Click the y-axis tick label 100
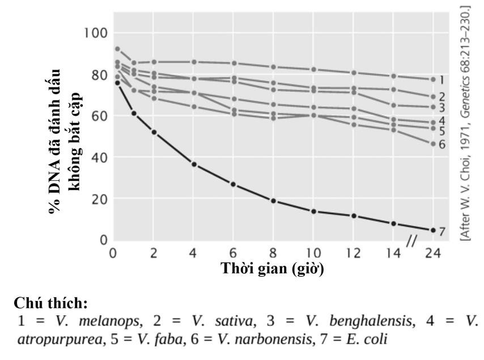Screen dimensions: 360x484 coord(95,33)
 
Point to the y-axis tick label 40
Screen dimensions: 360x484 coord(99,157)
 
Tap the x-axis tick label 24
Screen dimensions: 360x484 coord(432,253)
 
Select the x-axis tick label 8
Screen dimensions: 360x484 coord(273,253)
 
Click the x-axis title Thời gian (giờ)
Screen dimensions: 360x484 coord(272,268)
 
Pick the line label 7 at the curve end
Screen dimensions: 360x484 coord(442,231)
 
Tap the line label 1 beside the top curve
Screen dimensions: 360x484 coord(442,80)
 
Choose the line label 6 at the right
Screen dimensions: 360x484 coord(442,145)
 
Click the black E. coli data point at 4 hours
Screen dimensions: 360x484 coord(194,164)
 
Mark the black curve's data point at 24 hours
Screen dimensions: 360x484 coord(433,230)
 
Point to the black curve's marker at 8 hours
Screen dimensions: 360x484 coord(273,201)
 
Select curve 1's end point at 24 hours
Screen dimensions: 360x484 coord(433,79)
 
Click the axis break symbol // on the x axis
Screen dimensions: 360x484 coord(412,242)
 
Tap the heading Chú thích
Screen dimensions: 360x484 coord(50,303)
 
